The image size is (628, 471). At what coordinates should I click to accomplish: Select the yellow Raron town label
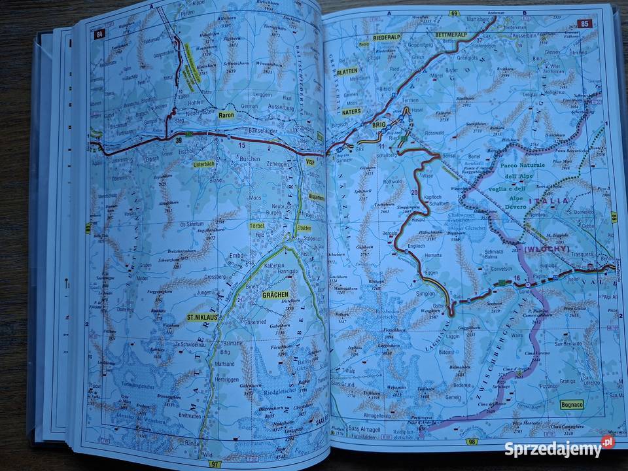tap(227, 115)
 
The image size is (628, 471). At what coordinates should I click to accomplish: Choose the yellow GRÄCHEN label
tap(275, 294)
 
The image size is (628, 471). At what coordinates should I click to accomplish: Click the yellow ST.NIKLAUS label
tap(203, 319)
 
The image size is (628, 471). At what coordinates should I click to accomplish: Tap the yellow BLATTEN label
tap(347, 72)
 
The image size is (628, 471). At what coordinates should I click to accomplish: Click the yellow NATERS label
tap(352, 113)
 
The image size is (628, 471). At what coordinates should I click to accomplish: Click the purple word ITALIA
tap(551, 201)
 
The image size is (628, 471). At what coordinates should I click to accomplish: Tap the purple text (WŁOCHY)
tap(544, 249)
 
